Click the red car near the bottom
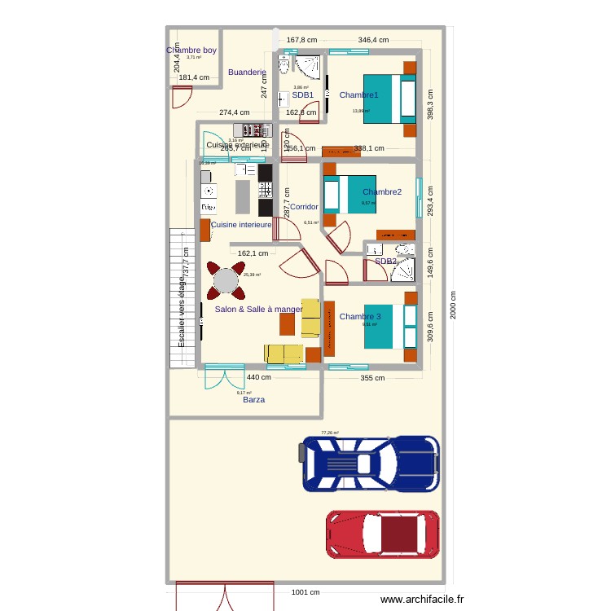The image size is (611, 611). click(383, 535)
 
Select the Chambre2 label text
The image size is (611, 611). click(382, 192)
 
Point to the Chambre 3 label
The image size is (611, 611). click(360, 316)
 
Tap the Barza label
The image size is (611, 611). click(253, 400)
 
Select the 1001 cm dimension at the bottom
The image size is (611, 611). click(305, 593)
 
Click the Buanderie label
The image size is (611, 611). click(247, 73)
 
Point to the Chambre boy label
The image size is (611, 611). click(191, 51)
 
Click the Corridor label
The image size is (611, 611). click(304, 207)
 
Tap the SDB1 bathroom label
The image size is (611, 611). click(303, 95)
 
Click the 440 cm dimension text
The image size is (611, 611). click(259, 377)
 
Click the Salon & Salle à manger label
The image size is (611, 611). click(258, 310)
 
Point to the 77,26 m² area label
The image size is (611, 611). click(330, 433)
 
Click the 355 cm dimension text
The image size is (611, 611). click(372, 377)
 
